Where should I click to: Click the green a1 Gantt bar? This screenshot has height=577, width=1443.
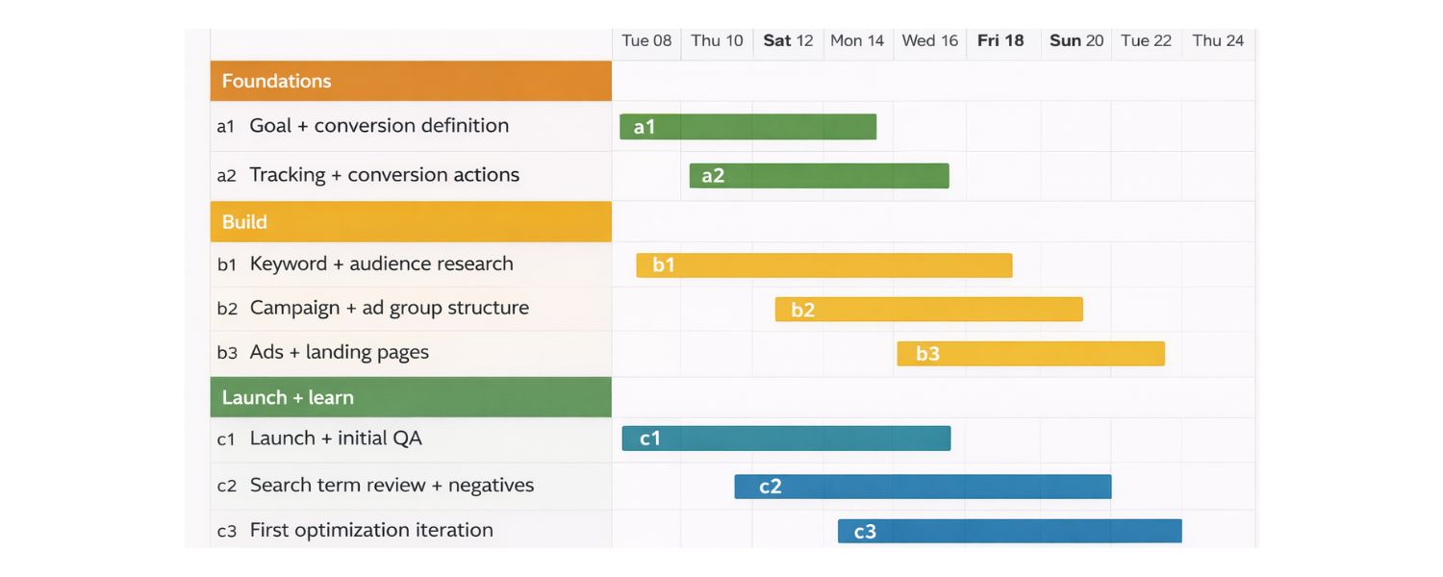[747, 127]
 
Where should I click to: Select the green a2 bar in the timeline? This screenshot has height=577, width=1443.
[819, 176]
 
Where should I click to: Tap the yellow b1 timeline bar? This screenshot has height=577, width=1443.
[823, 265]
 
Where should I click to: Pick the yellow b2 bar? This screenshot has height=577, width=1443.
[928, 310]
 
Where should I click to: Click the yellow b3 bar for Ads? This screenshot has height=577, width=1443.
[1030, 354]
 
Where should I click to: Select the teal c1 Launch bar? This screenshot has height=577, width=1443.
[786, 439]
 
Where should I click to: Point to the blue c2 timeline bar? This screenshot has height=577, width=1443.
[923, 487]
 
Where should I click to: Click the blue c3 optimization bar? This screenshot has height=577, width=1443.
[1009, 531]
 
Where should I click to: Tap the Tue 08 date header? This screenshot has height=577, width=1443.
[646, 40]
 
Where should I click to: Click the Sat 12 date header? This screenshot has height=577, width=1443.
[788, 40]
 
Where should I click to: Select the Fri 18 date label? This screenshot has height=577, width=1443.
[1000, 40]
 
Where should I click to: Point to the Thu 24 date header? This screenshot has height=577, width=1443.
[1218, 40]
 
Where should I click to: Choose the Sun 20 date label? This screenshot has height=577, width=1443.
[1076, 40]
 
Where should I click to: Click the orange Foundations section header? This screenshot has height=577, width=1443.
[411, 81]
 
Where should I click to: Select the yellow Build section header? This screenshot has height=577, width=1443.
[411, 222]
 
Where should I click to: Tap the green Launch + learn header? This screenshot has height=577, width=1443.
[411, 397]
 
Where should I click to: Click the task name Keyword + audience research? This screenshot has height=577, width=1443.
[381, 263]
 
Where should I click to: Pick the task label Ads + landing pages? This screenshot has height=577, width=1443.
[339, 352]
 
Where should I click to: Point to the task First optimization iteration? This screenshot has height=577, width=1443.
[371, 530]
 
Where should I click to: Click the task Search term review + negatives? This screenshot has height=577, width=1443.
[392, 485]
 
